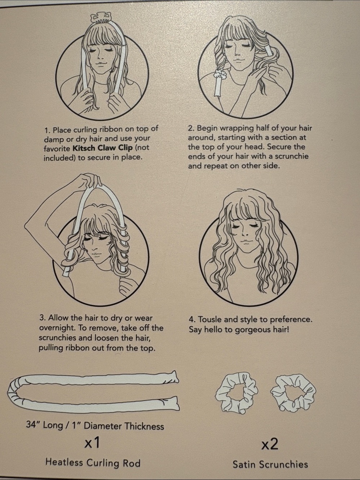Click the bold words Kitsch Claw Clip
tap(103, 148)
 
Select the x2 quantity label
tap(270, 444)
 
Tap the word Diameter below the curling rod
tap(103, 426)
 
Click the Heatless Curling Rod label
tap(93, 463)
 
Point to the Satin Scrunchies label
tap(270, 464)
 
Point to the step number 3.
tap(42, 318)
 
